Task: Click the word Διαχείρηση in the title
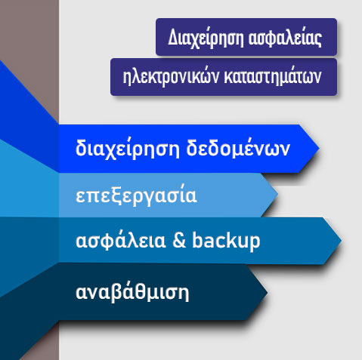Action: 206,38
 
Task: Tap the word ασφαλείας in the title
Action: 285,38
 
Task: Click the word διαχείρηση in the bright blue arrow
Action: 128,149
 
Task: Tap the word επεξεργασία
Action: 136,197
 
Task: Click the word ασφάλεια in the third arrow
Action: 121,241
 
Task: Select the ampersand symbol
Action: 179,240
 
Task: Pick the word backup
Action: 226,241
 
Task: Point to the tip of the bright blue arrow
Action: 320,149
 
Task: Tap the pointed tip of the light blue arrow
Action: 278,194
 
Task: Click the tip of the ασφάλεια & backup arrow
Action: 342,241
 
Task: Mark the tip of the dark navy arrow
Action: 268,292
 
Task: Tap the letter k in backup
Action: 236,240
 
